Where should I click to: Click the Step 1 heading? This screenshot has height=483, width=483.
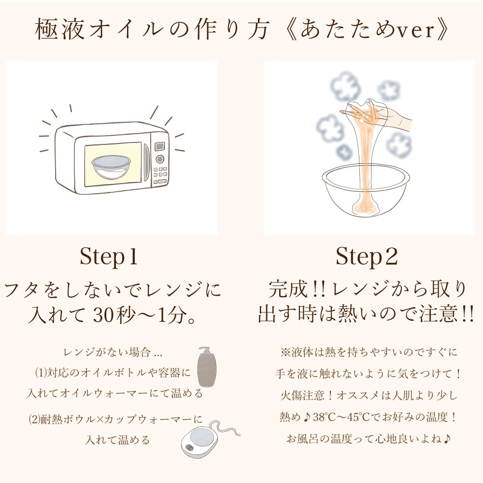click(109, 257)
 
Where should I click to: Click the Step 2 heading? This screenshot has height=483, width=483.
click(367, 257)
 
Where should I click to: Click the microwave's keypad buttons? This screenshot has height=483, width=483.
click(160, 174)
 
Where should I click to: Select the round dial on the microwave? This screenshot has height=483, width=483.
click(159, 159)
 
